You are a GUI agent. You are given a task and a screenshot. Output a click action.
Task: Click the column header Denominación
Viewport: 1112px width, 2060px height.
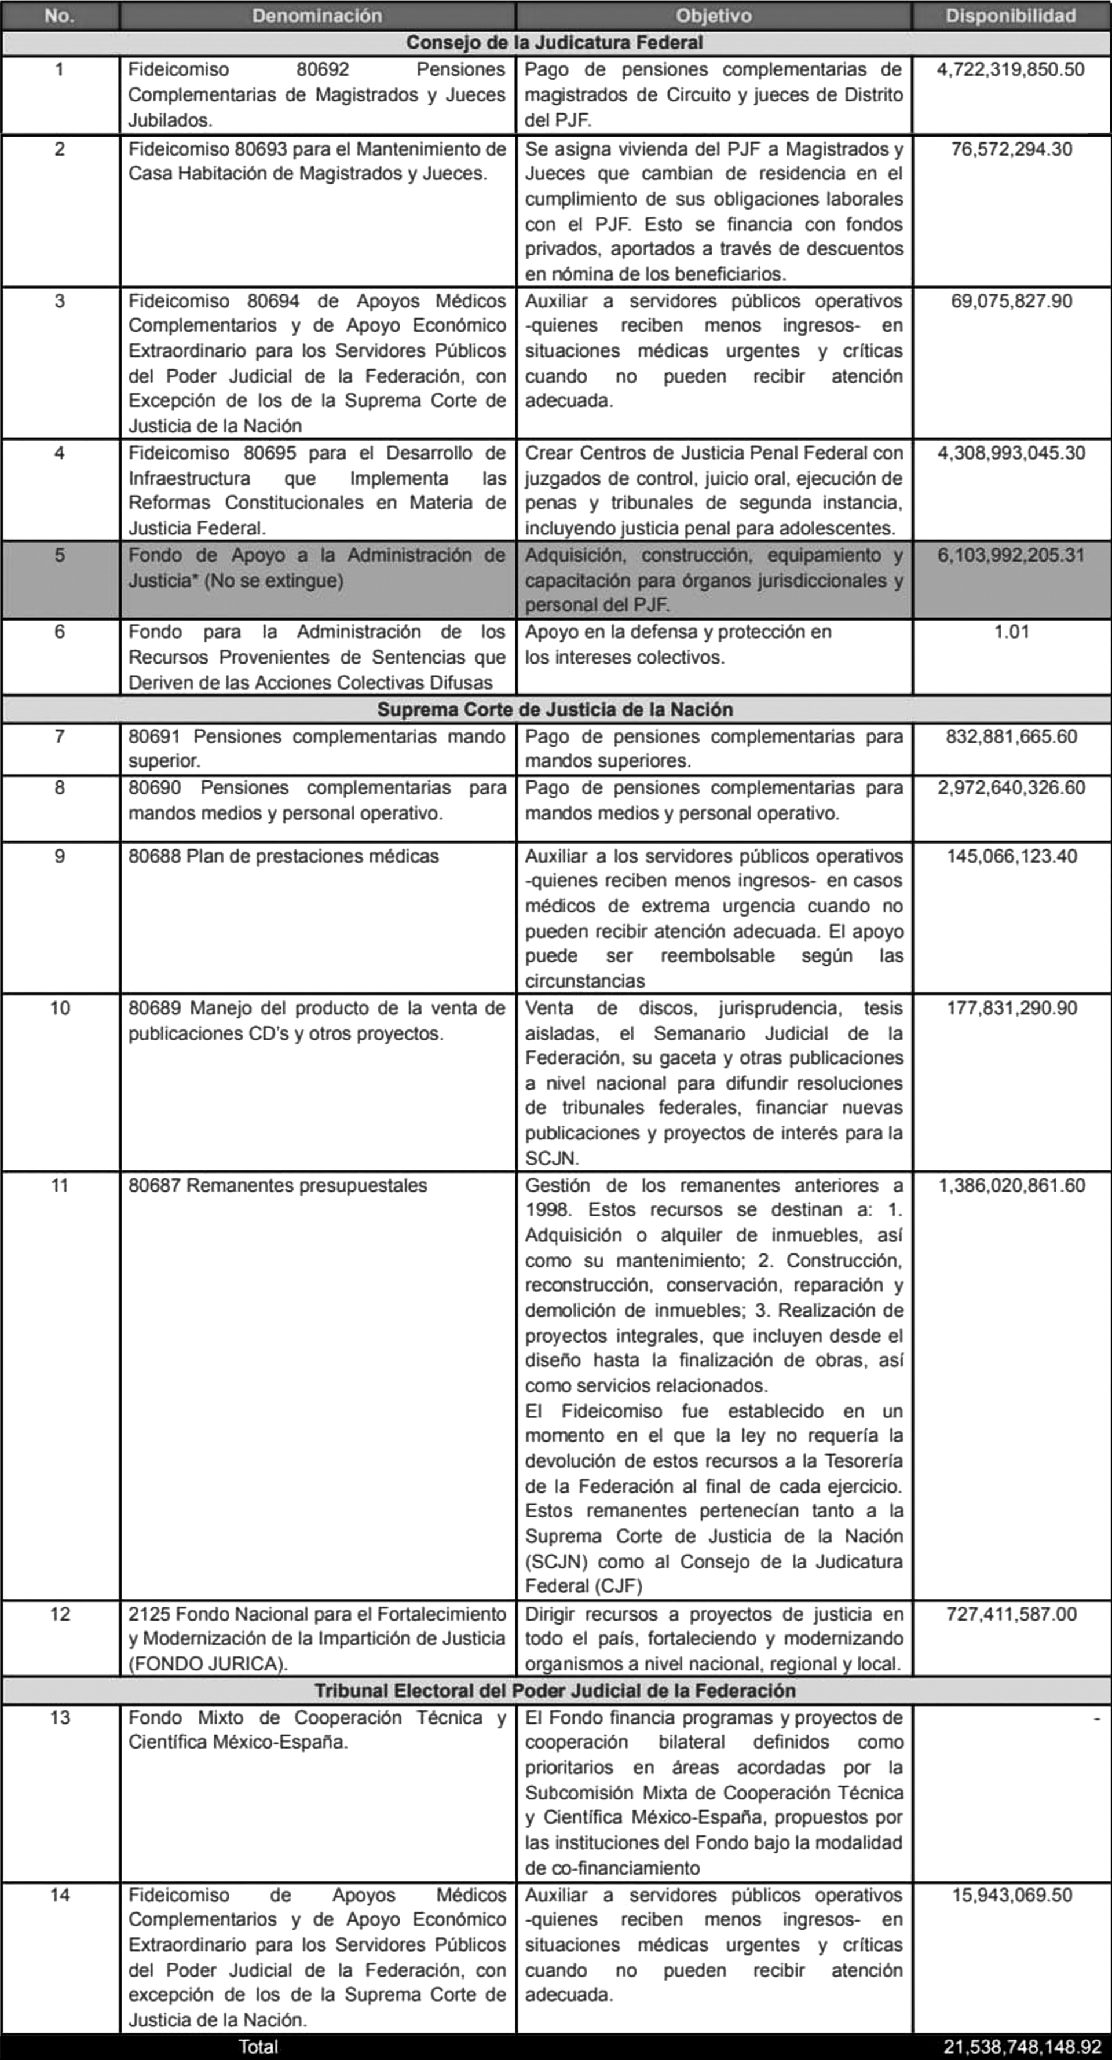pyautogui.click(x=317, y=15)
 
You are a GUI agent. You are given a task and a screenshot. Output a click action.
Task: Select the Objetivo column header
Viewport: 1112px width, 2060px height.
pyautogui.click(x=713, y=15)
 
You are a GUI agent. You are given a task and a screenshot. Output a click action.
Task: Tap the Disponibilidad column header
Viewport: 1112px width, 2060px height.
pyautogui.click(x=1011, y=15)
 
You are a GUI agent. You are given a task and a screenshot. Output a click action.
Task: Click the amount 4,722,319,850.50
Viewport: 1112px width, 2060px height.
pyautogui.click(x=1011, y=69)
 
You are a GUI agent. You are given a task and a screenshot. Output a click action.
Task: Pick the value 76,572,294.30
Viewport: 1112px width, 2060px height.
pyautogui.click(x=1011, y=149)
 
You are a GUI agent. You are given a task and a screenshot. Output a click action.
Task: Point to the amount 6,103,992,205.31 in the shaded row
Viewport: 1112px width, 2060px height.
pyautogui.click(x=1011, y=555)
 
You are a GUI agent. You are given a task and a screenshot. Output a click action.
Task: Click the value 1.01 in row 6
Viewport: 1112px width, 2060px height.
pyautogui.click(x=1011, y=632)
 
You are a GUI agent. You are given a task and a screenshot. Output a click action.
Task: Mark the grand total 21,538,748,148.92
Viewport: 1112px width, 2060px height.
pyautogui.click(x=1022, y=2047)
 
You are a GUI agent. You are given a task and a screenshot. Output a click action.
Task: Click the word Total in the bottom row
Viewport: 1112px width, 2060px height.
pyautogui.click(x=258, y=2047)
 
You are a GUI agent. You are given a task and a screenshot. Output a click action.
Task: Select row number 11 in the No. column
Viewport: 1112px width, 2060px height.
pyautogui.click(x=60, y=1185)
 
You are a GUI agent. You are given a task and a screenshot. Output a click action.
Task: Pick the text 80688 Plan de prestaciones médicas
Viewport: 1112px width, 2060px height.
pyautogui.click(x=283, y=856)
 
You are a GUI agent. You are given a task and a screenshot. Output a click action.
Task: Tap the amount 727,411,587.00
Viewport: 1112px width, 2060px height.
pyautogui.click(x=1011, y=1614)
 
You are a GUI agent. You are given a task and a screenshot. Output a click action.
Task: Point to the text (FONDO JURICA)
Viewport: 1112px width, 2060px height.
pyautogui.click(x=208, y=1663)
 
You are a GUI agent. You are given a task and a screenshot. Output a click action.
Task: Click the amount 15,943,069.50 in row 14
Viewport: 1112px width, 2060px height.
pyautogui.click(x=1011, y=1895)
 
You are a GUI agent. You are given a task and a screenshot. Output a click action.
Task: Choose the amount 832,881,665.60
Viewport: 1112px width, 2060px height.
pyautogui.click(x=1011, y=736)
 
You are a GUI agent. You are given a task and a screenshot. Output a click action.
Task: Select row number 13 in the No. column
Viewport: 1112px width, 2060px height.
pyautogui.click(x=60, y=1718)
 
